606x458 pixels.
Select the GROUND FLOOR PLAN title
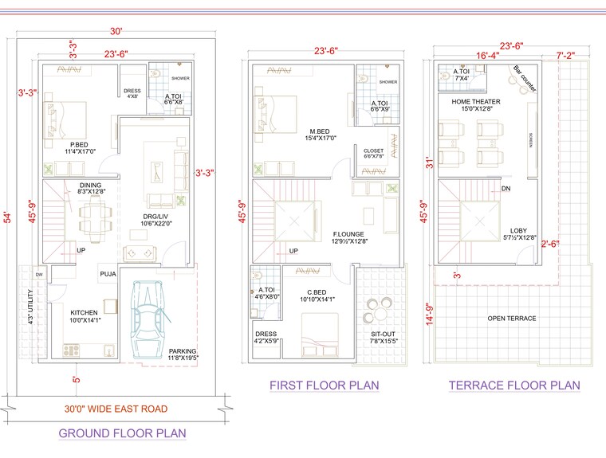[122, 434]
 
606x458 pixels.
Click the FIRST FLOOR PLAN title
[324, 386]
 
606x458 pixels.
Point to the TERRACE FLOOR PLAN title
[514, 386]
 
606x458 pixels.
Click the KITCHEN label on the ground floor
[84, 312]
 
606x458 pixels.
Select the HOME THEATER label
[475, 102]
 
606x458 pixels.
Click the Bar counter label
[524, 79]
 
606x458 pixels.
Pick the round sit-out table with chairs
[374, 306]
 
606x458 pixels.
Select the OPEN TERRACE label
[511, 319]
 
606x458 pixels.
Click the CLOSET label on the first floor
[373, 151]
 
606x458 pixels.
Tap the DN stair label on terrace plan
[506, 189]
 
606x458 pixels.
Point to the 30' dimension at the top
[116, 32]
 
